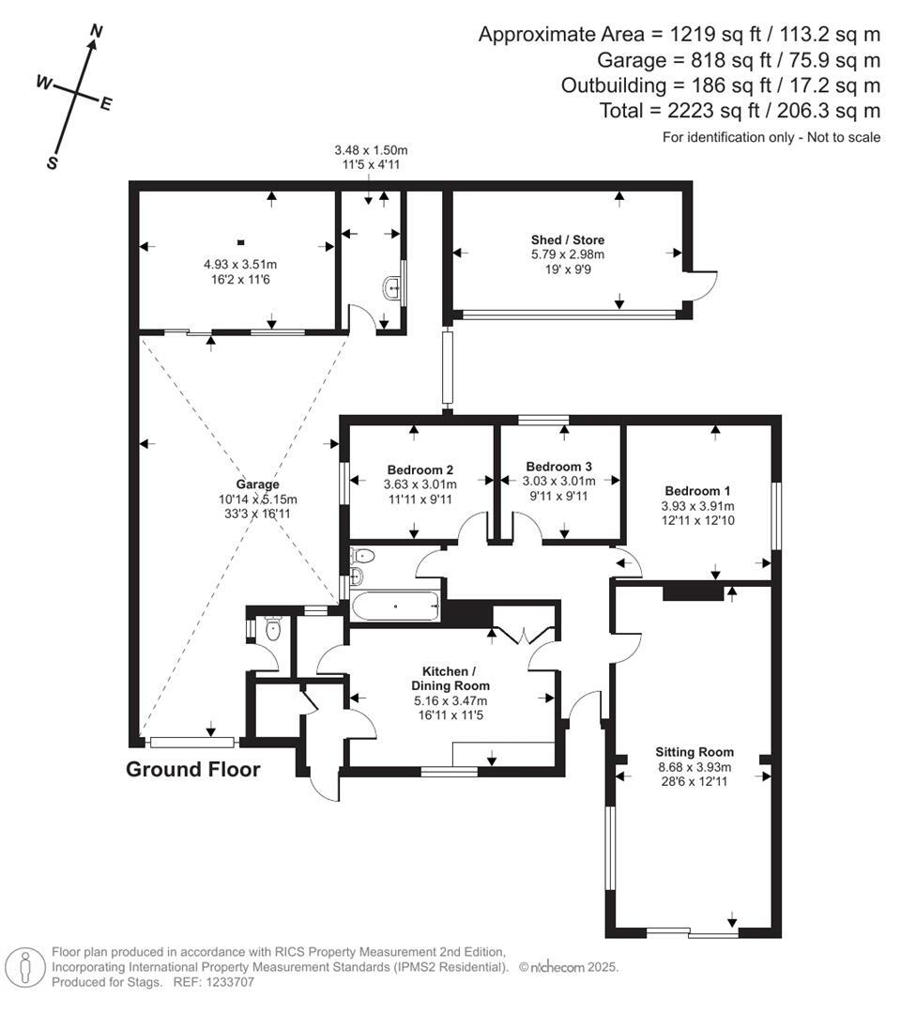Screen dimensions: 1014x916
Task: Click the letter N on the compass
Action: coord(95,32)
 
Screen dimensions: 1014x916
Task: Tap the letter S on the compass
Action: coord(53,161)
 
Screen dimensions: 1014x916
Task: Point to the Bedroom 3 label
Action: coord(558,467)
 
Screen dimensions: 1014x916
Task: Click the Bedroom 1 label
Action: coord(697,490)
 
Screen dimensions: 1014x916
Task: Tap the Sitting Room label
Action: coord(695,752)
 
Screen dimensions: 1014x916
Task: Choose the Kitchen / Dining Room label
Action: coord(450,678)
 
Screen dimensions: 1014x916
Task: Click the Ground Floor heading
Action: coord(192,770)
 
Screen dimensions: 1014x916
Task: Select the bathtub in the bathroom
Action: coord(395,607)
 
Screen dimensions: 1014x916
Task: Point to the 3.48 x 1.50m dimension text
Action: coord(371,150)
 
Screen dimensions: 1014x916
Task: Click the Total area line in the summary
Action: coord(740,111)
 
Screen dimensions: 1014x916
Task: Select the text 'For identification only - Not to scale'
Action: coord(771,137)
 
